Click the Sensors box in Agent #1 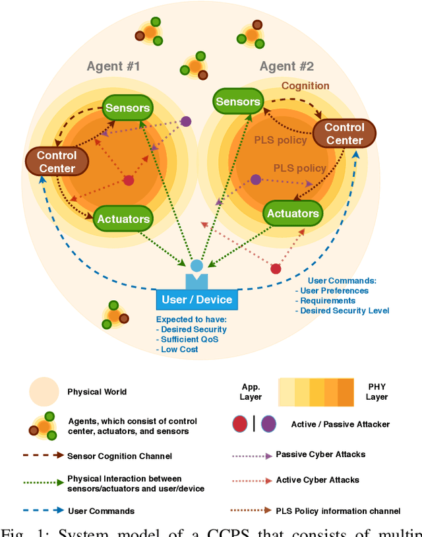coord(127,108)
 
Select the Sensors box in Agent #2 coord(238,102)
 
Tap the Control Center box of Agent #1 coord(57,162)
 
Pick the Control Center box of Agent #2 coord(344,133)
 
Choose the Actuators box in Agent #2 coord(293,213)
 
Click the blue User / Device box coord(196,300)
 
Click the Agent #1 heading coord(113,66)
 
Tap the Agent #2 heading coord(287,66)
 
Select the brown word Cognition coord(305,86)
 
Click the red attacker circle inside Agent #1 coord(129,180)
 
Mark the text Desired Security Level coord(345,311)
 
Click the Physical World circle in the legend coord(44,392)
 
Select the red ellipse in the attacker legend coord(240,424)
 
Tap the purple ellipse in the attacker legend coord(268,424)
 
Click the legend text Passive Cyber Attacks coord(320,455)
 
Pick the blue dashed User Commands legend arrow coord(44,511)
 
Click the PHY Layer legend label coord(377,392)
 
